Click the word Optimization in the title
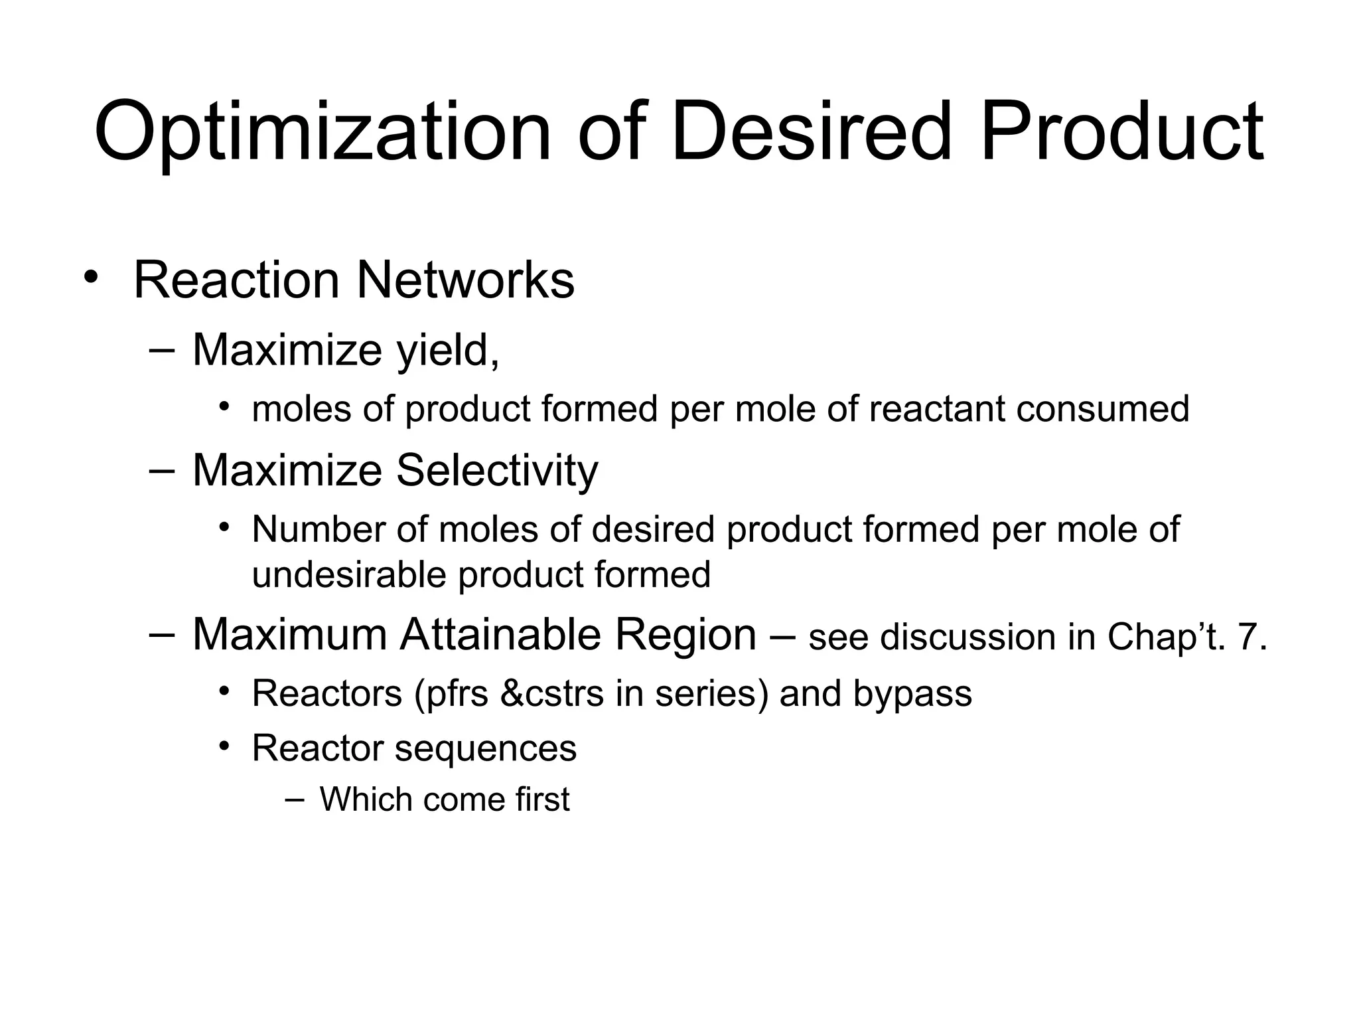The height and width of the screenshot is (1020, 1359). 323,131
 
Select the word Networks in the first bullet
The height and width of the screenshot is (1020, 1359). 465,280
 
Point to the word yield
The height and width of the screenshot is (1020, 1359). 447,351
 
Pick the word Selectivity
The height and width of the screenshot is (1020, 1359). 497,471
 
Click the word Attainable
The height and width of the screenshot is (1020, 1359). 500,635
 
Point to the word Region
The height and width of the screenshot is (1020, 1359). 685,635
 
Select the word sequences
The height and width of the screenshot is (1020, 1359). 486,748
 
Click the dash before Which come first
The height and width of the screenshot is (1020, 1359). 294,799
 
